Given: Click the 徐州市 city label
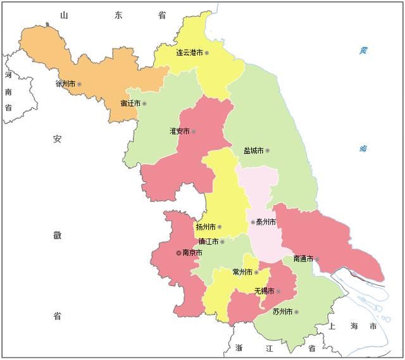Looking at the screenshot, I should coord(66,84).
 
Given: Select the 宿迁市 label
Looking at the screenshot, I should coord(130,103).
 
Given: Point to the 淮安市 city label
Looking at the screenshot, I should coord(180,132).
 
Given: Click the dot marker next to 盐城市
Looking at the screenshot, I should coord(268,151).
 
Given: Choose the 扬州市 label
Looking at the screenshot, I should coord(206,227).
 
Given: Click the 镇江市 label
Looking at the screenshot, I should coord(208,242).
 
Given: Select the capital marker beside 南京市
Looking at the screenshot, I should coord(178,252).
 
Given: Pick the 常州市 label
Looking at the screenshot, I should coord(243,272).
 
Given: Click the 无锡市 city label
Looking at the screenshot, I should coord(265,291).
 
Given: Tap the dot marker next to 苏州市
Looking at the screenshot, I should coord(296,312).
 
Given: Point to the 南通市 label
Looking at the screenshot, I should coord(303,259).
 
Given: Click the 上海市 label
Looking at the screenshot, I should coord(352,326).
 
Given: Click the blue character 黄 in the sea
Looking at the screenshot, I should coord(363,49).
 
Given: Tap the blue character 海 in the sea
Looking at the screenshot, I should coord(363,149).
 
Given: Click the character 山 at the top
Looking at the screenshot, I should coord(63,15).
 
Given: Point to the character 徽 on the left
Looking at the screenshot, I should coord(57,235).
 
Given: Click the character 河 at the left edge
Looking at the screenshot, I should coord(8,75).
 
